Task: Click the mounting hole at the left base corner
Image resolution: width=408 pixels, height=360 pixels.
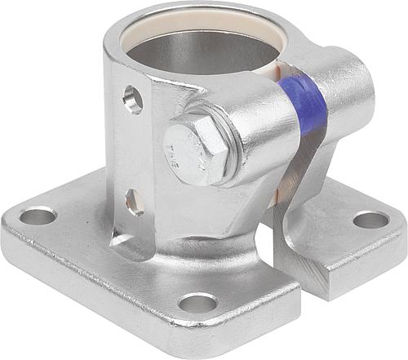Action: tap(38, 216)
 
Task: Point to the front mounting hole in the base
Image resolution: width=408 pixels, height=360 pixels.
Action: tap(197, 303)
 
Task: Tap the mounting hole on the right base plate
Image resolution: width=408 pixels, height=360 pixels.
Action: tap(370, 220)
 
